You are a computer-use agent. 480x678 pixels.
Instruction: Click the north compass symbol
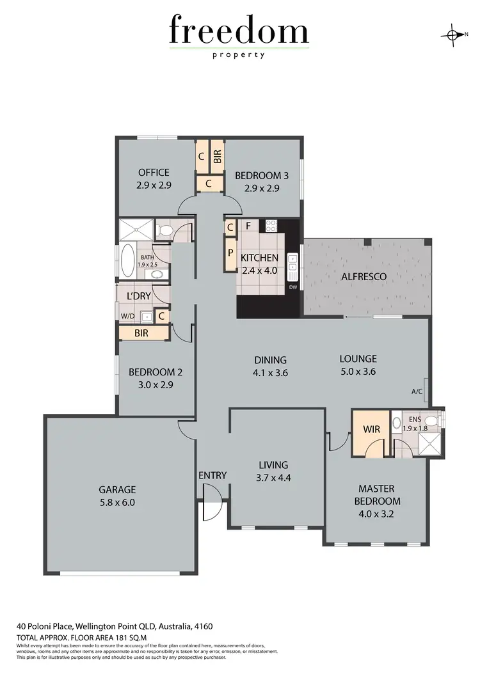[453, 35]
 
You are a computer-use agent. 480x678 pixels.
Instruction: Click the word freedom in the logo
[239, 31]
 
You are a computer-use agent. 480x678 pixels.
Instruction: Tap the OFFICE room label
[154, 172]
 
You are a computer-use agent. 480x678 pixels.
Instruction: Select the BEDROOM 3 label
[258, 176]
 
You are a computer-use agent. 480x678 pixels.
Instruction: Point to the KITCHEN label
[259, 258]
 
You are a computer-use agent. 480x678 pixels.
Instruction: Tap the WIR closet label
[371, 429]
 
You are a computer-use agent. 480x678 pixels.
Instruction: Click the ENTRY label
[212, 475]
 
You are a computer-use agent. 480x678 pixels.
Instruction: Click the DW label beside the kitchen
[292, 288]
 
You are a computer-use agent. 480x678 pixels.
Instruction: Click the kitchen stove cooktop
[270, 225]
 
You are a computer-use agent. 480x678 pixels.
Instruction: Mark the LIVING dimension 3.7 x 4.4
[273, 477]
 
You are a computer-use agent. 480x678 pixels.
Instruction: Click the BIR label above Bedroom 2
[141, 333]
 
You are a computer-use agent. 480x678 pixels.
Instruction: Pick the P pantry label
[230, 251]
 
